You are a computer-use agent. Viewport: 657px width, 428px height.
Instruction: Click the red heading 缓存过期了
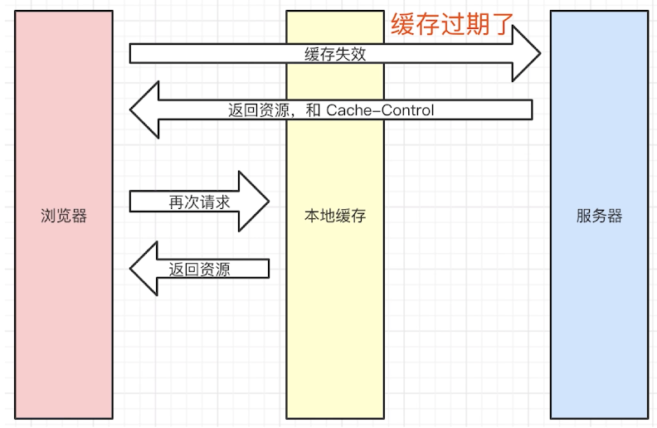452,24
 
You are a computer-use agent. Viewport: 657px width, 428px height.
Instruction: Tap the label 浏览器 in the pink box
64,216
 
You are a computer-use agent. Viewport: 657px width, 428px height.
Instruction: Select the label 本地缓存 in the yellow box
335,216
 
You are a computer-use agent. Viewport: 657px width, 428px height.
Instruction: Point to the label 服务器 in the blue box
599,216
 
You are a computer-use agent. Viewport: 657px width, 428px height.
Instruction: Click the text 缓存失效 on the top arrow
335,54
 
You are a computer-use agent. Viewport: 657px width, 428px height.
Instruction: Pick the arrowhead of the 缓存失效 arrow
526,53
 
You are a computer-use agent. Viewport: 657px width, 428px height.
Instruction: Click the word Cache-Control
380,110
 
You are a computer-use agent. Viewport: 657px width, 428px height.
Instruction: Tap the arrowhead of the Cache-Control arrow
144,109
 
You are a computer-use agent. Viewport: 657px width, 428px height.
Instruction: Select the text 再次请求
199,202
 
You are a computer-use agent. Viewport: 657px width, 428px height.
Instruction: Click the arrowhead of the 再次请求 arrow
254,201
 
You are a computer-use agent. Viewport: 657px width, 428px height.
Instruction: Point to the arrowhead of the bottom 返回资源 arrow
144,269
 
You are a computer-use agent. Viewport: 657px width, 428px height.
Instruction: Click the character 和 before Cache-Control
313,110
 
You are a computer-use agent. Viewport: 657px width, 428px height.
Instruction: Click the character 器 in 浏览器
80,216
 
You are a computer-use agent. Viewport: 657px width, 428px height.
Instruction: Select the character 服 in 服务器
584,216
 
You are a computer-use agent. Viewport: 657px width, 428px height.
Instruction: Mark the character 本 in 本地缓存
312,216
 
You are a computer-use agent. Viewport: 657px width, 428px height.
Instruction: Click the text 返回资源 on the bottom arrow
199,270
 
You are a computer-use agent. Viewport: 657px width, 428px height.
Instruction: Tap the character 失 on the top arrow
343,54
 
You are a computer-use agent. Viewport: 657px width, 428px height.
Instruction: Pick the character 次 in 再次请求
192,202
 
